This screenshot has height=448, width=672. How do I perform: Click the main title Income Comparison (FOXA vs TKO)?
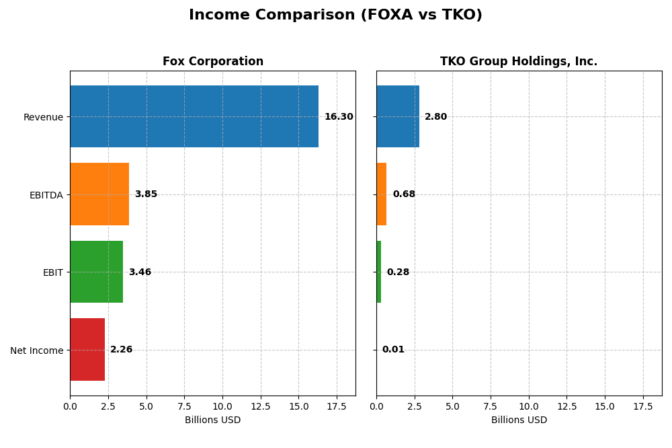[335, 15]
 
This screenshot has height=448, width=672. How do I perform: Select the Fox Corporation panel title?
[212, 62]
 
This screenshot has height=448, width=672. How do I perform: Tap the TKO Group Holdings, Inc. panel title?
[519, 62]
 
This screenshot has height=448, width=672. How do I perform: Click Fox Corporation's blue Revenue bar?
[194, 116]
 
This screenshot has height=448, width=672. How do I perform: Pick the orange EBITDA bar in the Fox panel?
[99, 194]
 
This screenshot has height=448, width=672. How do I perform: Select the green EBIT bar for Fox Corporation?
[96, 272]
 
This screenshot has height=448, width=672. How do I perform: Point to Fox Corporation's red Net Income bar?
[87, 350]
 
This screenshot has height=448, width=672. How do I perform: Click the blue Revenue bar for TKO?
[398, 116]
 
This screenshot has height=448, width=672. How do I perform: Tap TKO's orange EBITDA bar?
[381, 194]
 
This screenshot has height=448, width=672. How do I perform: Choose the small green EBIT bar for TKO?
[378, 272]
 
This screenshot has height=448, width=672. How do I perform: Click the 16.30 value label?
[339, 117]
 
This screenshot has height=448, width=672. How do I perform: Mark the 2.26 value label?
[122, 350]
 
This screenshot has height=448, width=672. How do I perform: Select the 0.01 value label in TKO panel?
[393, 350]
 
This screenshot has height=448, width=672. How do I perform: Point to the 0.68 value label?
[404, 194]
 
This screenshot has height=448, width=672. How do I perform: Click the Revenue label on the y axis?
[43, 117]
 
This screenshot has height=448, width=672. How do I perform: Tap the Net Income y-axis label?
[36, 350]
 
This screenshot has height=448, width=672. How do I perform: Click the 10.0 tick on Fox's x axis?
[222, 406]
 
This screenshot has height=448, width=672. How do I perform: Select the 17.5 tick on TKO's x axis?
[643, 406]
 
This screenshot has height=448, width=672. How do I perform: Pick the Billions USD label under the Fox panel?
[212, 420]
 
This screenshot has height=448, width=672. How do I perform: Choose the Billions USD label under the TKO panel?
[519, 420]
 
